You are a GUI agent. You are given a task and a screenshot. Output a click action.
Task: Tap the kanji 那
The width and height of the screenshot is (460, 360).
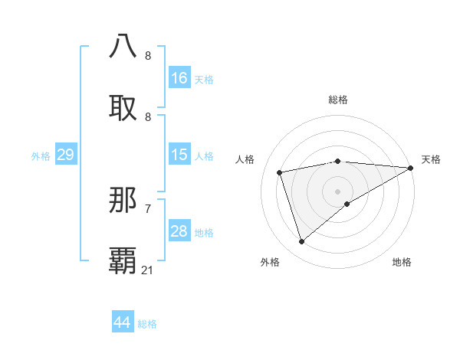point(123,201)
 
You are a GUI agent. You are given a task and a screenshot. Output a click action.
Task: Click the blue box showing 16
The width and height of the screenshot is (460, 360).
point(179,78)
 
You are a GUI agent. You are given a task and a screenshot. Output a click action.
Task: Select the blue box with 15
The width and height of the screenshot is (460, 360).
point(179,155)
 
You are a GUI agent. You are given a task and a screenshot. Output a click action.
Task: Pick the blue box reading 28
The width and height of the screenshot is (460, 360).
point(179,232)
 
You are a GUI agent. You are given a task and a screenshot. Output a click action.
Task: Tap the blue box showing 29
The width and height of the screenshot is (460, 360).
point(65,155)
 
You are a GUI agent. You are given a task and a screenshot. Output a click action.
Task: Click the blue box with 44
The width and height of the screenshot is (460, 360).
point(123,322)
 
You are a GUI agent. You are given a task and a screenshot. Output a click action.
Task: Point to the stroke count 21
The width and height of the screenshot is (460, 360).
point(148,270)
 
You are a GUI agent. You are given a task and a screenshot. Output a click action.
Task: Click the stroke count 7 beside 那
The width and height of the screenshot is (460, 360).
point(148,208)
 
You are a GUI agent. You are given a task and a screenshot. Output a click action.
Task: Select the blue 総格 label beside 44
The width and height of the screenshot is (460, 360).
point(147,324)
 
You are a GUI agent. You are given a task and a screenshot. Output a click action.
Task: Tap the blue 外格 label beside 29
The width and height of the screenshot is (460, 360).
point(41,156)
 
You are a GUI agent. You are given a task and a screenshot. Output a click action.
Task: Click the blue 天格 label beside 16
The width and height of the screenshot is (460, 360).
point(203,79)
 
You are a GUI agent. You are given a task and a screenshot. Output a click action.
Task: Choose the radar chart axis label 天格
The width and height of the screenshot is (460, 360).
point(431,159)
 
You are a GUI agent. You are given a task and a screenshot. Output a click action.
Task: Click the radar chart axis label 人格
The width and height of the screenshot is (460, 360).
point(245,159)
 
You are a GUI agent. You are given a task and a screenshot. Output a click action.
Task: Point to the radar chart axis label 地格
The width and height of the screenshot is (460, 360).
point(402,262)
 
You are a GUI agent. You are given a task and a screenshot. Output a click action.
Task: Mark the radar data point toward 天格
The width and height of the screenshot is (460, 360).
point(411,168)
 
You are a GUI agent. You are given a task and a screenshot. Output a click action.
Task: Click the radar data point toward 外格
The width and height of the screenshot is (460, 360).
point(301,241)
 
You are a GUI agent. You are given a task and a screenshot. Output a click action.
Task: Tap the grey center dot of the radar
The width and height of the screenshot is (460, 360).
point(337,191)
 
